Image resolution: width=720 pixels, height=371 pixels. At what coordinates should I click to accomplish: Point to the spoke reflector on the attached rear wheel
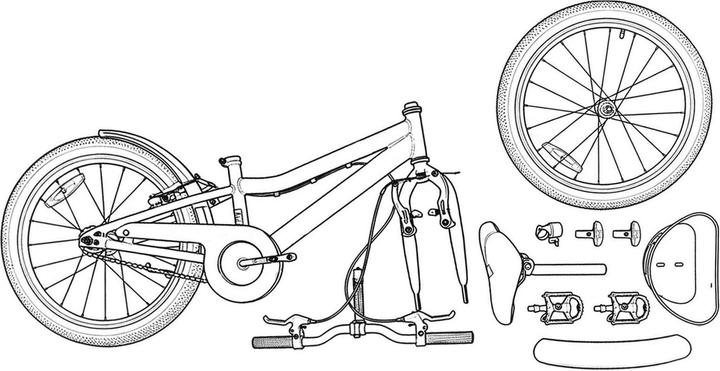click(70, 189)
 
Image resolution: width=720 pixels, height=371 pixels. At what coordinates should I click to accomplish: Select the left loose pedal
click(557, 300)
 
